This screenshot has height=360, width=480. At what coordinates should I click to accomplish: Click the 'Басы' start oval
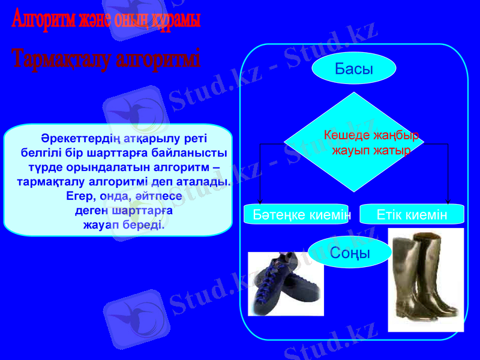pyautogui.click(x=354, y=69)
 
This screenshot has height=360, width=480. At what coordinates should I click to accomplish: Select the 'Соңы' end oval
pyautogui.click(x=350, y=253)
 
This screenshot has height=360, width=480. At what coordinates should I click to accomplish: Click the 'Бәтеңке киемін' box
pyautogui.click(x=296, y=214)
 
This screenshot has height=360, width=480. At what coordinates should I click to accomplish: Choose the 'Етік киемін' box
pyautogui.click(x=412, y=214)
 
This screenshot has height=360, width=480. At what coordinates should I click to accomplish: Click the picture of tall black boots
pyautogui.click(x=426, y=279)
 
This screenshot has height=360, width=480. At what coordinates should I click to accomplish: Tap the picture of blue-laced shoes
pyautogui.click(x=286, y=283)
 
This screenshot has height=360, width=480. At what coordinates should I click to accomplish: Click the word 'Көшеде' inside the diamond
pyautogui.click(x=345, y=135)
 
